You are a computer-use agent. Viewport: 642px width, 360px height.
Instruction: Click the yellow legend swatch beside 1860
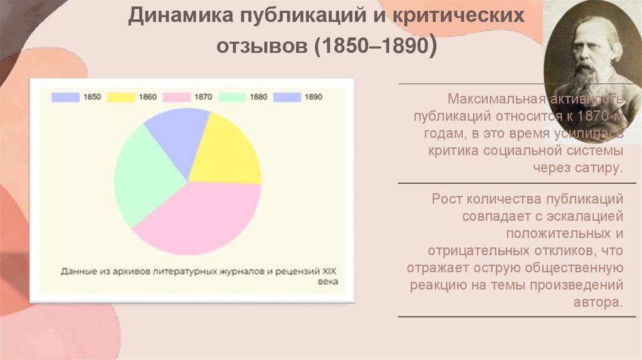tap(120, 97)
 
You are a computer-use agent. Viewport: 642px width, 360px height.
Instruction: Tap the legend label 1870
tap(203, 97)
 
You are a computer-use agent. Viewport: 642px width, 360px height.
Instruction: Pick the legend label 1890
tap(313, 97)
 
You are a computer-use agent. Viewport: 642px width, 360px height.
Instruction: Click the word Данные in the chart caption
tap(78, 272)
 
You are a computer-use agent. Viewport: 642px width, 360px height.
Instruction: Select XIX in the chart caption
tap(329, 272)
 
